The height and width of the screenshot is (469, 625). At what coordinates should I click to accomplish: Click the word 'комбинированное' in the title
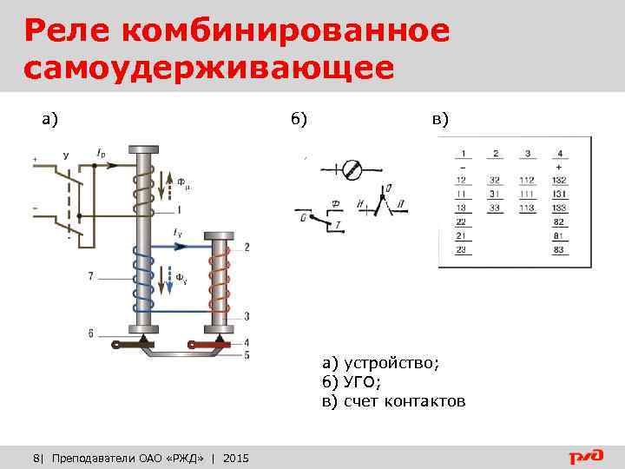click(286, 31)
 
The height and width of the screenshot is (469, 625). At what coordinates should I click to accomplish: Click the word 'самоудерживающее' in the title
click(209, 68)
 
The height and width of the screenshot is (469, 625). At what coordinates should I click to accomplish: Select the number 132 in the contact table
click(559, 180)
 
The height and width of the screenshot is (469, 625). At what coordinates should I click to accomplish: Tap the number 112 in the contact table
click(527, 180)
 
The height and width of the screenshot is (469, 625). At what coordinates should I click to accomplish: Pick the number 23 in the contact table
click(462, 249)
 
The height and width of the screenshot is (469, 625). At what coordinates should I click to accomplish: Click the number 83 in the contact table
click(559, 249)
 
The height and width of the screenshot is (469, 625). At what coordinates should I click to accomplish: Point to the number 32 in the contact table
click(495, 180)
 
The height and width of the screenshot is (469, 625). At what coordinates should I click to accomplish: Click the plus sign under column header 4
click(559, 166)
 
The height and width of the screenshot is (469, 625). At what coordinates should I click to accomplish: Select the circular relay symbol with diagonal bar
click(352, 169)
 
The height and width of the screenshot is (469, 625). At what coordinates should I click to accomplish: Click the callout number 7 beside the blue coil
click(90, 276)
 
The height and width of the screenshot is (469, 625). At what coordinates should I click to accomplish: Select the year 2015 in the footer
click(235, 457)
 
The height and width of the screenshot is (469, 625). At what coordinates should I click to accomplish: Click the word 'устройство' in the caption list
click(391, 363)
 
